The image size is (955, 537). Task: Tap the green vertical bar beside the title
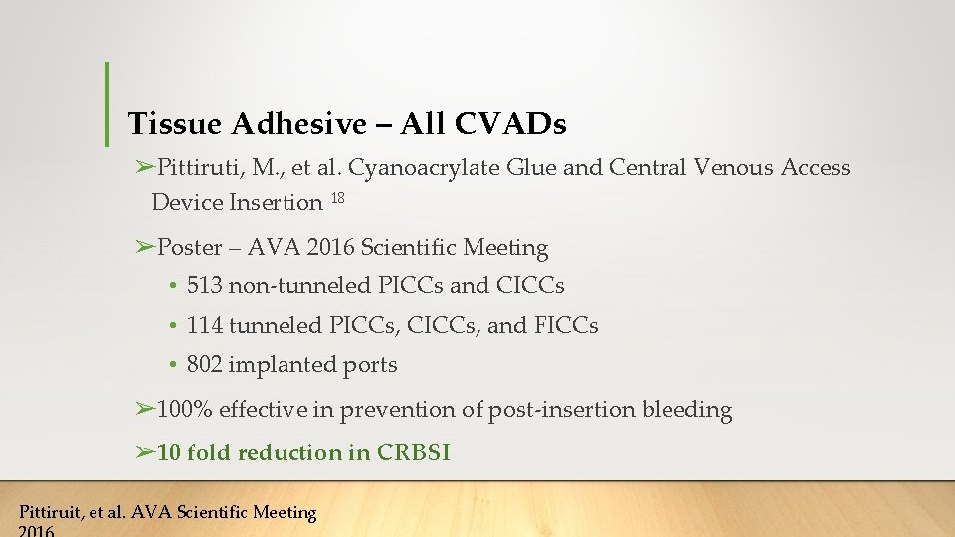coord(107,101)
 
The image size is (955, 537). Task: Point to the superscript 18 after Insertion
coord(337,199)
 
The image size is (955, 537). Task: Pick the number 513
coord(204,286)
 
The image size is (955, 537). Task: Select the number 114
coord(204,325)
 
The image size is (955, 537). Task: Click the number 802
coord(205,365)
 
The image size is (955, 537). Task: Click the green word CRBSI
coord(414,453)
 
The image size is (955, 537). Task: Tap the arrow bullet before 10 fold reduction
coord(145,453)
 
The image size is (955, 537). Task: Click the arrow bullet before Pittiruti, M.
coord(145,167)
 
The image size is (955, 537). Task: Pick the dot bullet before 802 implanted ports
coord(173,366)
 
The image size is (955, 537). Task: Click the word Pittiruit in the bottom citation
coord(51,513)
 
